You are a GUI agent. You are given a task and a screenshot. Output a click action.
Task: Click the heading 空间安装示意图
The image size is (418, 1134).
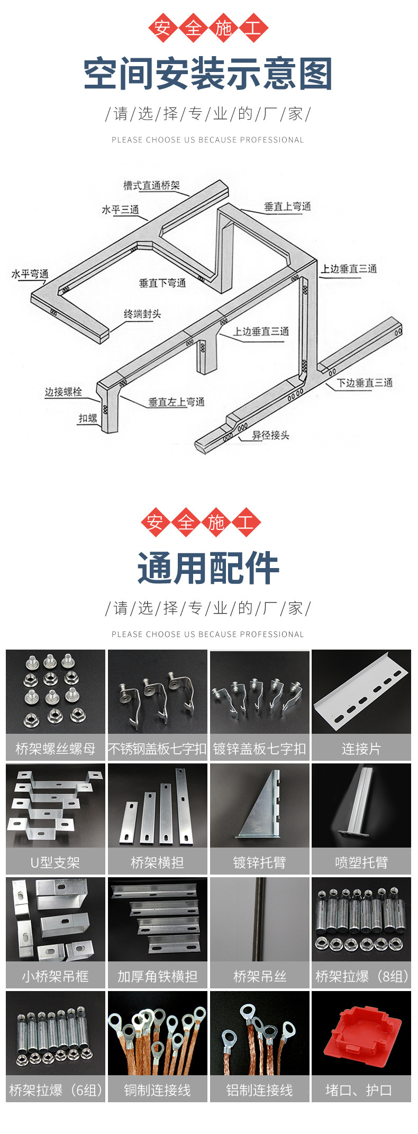pyautogui.click(x=208, y=74)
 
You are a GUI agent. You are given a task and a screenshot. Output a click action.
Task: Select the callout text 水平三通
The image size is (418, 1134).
pyautogui.click(x=120, y=210)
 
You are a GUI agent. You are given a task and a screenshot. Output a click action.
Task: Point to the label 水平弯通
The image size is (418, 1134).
pyautogui.click(x=30, y=274)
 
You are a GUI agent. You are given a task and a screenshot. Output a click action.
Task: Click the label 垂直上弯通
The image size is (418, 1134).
pyautogui.click(x=287, y=206)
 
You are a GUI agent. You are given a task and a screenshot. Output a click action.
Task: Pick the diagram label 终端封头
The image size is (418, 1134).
pyautogui.click(x=142, y=314)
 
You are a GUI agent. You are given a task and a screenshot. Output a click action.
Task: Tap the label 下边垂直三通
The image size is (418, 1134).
pyautogui.click(x=365, y=382)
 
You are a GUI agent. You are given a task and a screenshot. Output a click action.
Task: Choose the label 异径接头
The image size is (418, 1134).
pyautogui.click(x=270, y=435)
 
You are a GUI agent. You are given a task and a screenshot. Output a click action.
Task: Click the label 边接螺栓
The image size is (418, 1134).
pyautogui.click(x=63, y=392)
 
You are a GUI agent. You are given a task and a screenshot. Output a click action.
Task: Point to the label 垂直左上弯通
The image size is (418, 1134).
pyautogui.click(x=176, y=402)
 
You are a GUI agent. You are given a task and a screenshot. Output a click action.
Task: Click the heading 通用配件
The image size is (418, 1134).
pyautogui.click(x=208, y=569)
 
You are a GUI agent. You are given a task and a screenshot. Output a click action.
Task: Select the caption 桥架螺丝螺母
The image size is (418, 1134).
pyautogui.click(x=56, y=749)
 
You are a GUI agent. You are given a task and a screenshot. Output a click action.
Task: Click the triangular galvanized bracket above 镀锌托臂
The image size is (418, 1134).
pyautogui.click(x=259, y=805)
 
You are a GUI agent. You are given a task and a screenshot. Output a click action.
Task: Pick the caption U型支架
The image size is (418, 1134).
pyautogui.click(x=55, y=862)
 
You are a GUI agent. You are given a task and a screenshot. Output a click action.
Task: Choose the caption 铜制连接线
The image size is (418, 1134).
pyautogui.click(x=157, y=1090)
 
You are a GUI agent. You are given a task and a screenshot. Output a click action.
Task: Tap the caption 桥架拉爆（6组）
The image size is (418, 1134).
pyautogui.click(x=56, y=1090)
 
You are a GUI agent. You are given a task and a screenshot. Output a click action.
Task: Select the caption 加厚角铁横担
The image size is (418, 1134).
pyautogui.click(x=157, y=976)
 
